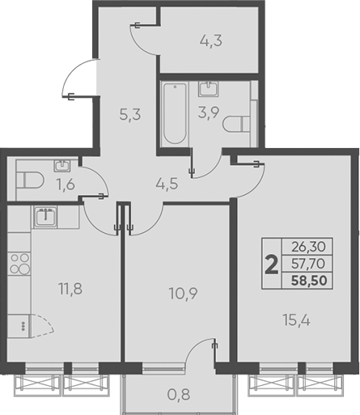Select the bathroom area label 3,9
(x=209, y=114)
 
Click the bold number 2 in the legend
(x=272, y=263)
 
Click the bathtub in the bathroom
(x=173, y=113)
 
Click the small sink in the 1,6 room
(x=61, y=166)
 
